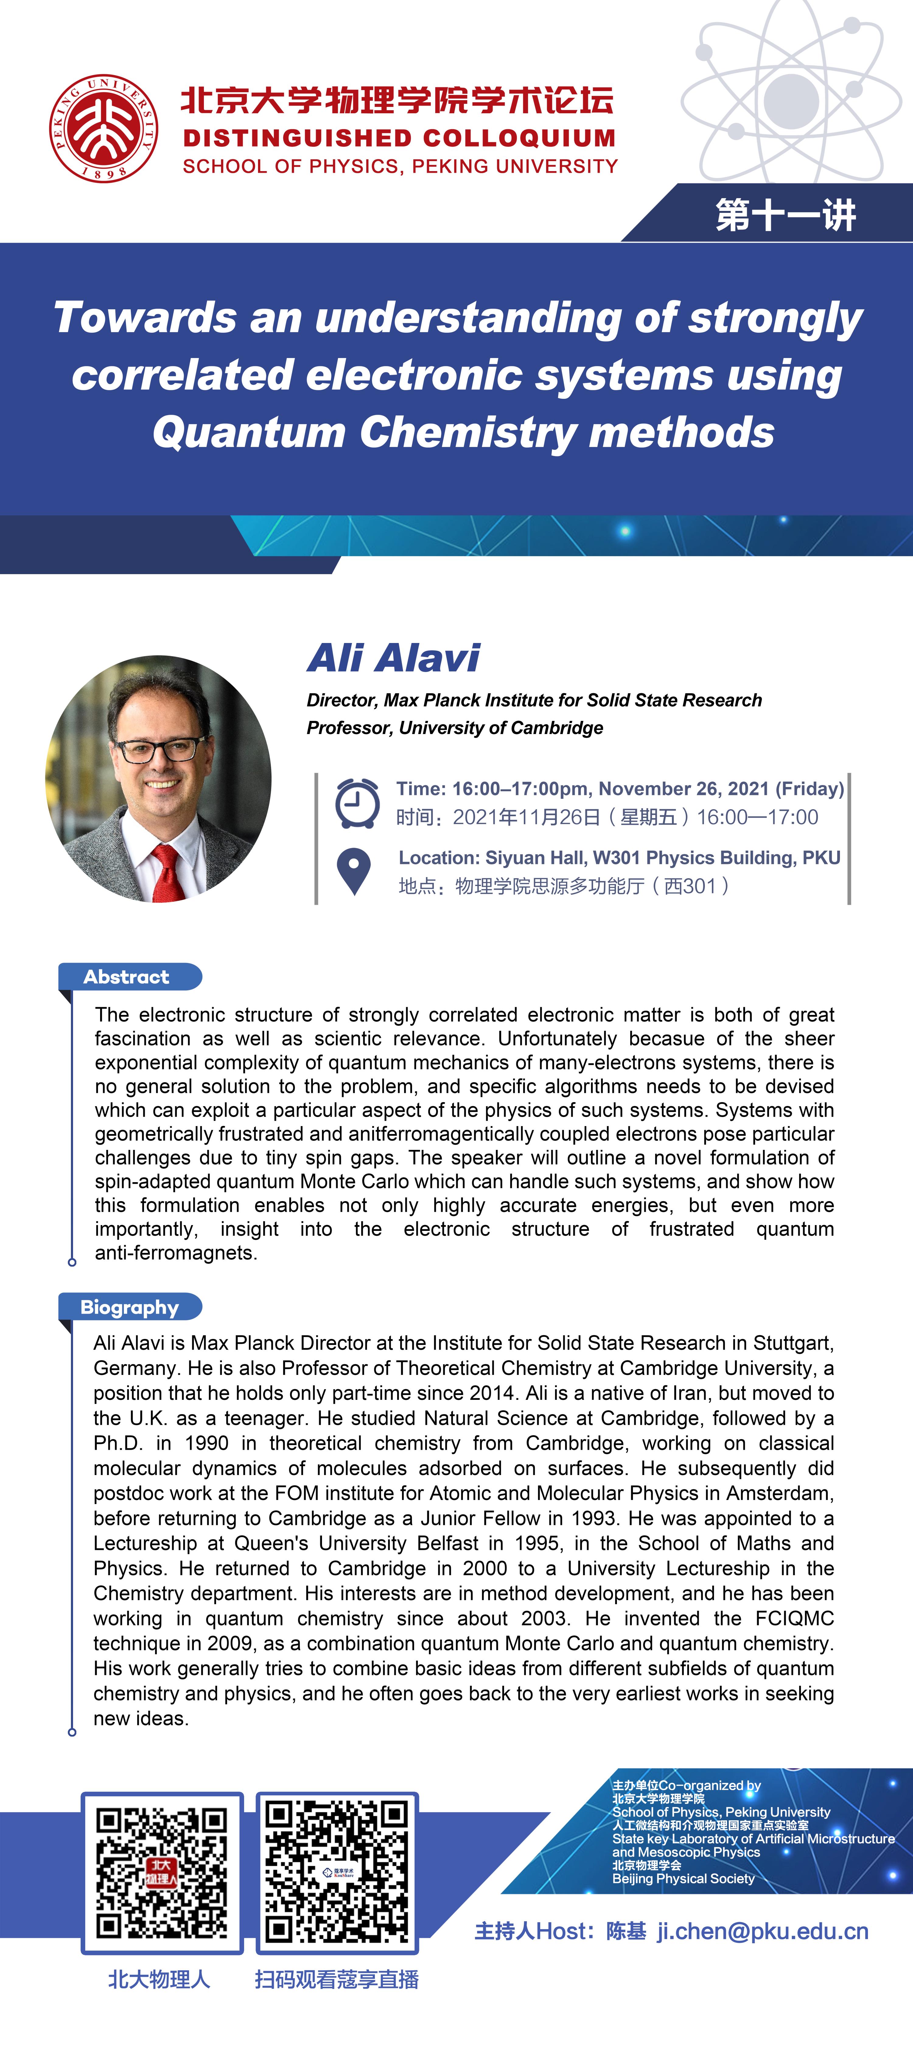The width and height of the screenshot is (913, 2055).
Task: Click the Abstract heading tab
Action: point(127,976)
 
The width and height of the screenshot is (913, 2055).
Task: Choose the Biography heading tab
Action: point(129,1307)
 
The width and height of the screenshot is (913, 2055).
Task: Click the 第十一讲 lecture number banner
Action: point(785,215)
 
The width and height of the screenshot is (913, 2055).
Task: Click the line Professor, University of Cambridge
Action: point(454,728)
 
